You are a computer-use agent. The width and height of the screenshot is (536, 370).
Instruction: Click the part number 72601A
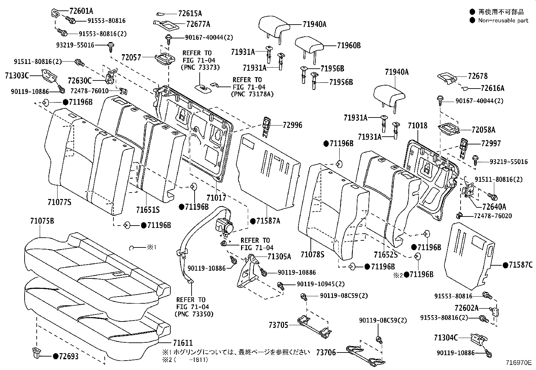[81, 11]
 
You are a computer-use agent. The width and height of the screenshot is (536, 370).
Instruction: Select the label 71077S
[59, 202]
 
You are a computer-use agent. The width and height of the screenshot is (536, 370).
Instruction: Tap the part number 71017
[216, 198]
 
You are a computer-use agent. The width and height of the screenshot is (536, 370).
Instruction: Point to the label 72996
[292, 125]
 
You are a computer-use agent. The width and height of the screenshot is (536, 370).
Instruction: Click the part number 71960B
[349, 45]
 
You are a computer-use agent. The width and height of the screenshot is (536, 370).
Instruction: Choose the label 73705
[278, 325]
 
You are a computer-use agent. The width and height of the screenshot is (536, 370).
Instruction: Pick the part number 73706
[326, 352]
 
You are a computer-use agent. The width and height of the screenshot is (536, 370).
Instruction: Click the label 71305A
[279, 257]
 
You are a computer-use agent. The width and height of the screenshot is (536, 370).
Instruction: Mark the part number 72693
[69, 356]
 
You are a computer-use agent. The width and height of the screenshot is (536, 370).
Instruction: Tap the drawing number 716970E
[518, 363]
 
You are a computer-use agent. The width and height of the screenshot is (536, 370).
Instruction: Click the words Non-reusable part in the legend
[503, 21]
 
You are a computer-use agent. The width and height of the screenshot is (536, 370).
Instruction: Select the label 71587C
[521, 265]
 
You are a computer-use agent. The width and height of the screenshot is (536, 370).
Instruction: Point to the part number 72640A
[494, 206]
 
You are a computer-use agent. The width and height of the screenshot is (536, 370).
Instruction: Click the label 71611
[183, 343]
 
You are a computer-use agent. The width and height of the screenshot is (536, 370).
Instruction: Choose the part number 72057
[131, 58]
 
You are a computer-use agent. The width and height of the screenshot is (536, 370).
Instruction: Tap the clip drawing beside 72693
[36, 353]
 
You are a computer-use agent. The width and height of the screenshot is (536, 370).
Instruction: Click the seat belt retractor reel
[225, 226]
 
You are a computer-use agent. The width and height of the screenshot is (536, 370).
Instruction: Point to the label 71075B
[42, 221]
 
